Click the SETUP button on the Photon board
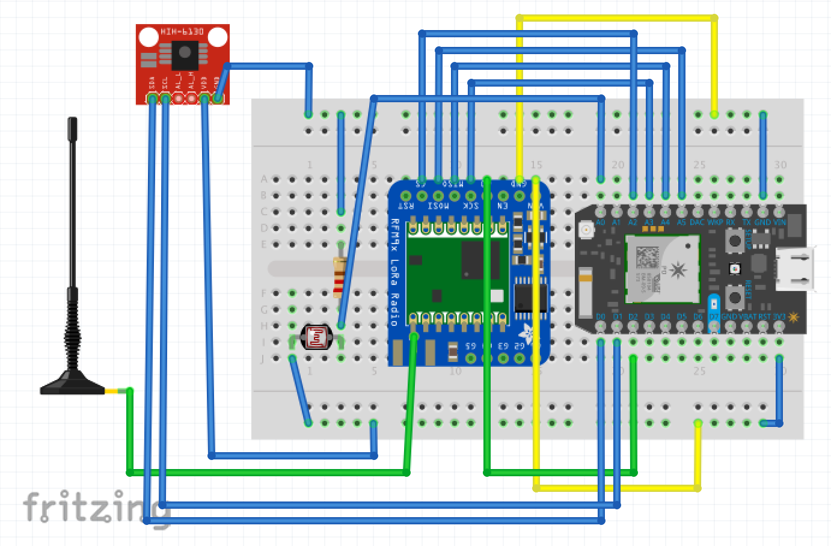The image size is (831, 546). [734, 242]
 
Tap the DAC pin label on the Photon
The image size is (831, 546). [697, 222]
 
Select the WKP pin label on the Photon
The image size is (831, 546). [714, 222]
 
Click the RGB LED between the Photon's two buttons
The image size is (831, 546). [734, 269]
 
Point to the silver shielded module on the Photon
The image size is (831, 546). [662, 268]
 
